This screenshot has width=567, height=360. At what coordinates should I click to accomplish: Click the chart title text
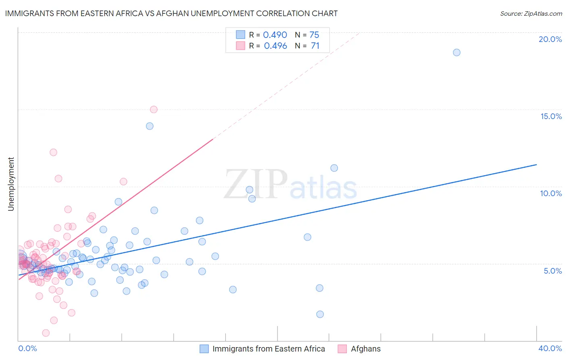[171, 13]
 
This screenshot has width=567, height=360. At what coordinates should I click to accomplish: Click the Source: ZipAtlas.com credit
[531, 13]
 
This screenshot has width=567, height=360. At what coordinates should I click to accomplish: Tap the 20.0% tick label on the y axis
[550, 39]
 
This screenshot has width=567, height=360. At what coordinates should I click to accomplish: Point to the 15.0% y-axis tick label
[551, 116]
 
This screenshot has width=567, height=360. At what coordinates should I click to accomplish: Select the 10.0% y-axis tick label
[551, 193]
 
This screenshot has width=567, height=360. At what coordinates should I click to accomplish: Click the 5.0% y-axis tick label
[552, 271]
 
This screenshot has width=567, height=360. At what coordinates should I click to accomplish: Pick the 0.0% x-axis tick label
[27, 348]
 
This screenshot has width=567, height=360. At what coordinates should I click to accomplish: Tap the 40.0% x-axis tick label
[550, 348]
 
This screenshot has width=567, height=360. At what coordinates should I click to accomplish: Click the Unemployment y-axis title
[11, 184]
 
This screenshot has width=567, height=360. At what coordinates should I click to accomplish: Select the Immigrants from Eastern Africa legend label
[269, 349]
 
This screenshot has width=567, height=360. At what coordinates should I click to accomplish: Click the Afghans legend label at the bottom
[365, 349]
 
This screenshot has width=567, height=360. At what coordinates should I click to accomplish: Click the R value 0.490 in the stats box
[275, 35]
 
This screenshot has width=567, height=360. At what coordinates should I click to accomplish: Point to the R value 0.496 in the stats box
[275, 46]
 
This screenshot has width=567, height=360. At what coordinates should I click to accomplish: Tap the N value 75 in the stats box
[314, 35]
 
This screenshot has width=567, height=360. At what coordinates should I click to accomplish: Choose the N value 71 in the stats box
[315, 46]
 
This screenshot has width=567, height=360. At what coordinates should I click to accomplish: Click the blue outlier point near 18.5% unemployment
[457, 52]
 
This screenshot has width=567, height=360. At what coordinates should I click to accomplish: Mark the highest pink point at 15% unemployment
[154, 109]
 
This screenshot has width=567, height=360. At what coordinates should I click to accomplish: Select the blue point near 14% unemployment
[150, 126]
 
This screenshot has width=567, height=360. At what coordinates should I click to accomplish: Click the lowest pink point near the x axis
[46, 333]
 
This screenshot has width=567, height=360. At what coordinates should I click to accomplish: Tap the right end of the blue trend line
[536, 165]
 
